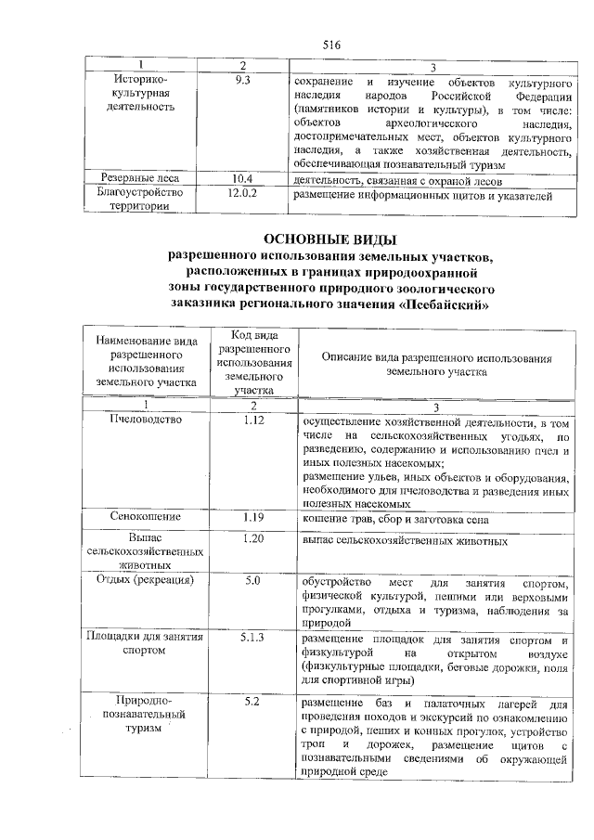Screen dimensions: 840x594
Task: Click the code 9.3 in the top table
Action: click(x=243, y=81)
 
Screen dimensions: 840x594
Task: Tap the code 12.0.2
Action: click(x=243, y=194)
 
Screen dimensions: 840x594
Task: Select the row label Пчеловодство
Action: click(x=146, y=420)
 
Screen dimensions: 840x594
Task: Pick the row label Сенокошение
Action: click(x=146, y=517)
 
